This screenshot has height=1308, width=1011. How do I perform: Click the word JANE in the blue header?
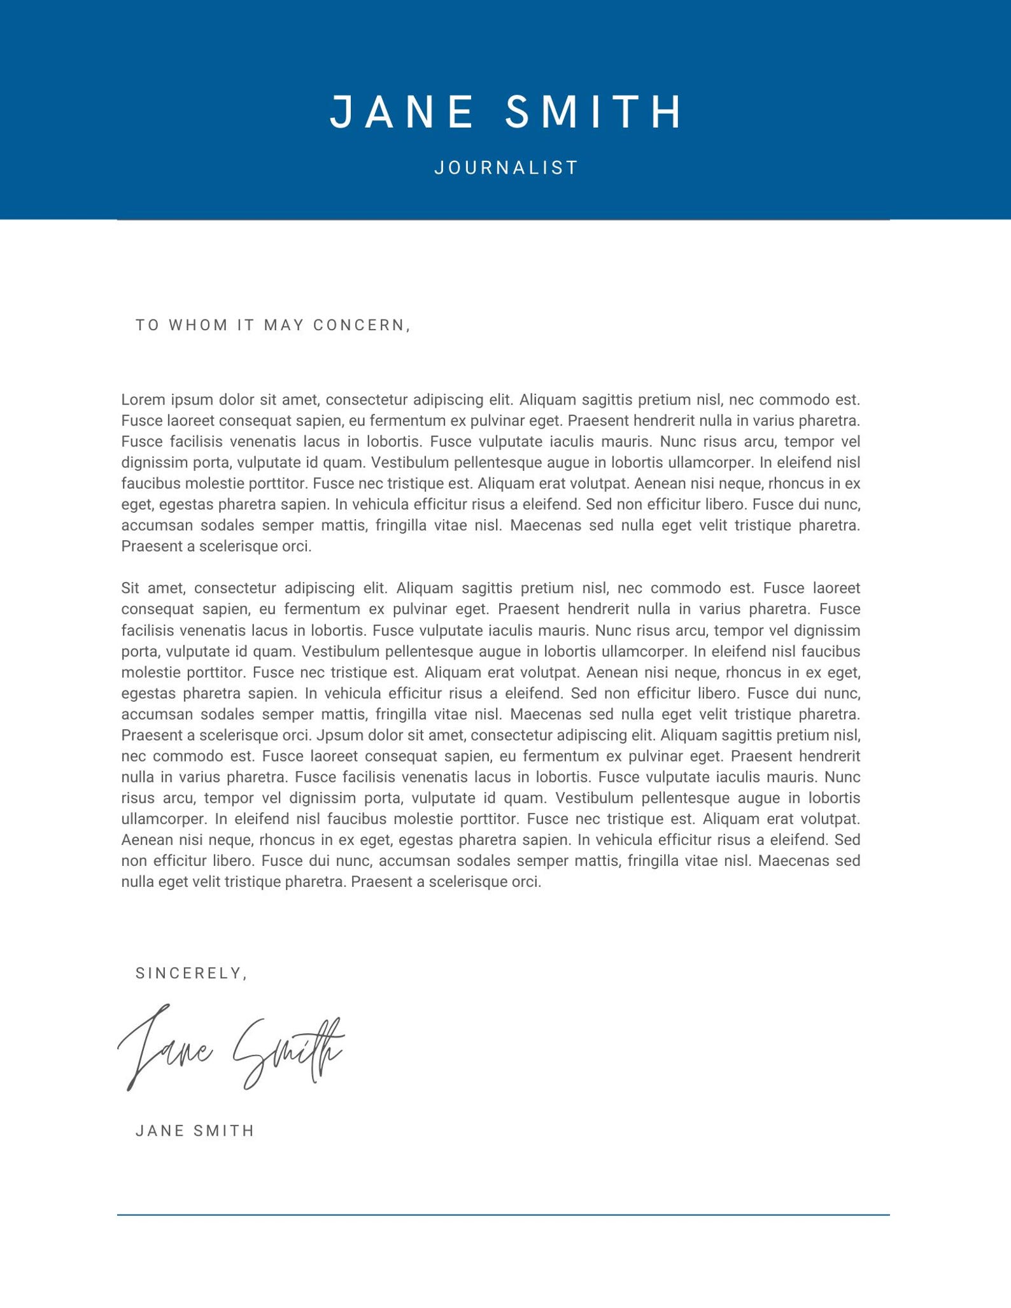(402, 112)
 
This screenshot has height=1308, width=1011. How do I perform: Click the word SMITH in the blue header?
(594, 112)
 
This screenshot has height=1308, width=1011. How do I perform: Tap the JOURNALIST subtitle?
(506, 168)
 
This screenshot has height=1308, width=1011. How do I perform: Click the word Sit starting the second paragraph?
(130, 588)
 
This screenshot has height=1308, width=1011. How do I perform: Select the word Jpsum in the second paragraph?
(335, 735)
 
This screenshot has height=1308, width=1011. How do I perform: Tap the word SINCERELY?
(188, 973)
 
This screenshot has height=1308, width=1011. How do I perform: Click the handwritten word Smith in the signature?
(286, 1050)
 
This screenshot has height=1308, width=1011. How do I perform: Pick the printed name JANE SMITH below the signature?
(195, 1131)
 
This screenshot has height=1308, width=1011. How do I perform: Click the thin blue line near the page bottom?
(503, 1215)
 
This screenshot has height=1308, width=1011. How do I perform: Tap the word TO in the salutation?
(148, 325)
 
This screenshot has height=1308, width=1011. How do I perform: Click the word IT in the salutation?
(246, 325)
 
